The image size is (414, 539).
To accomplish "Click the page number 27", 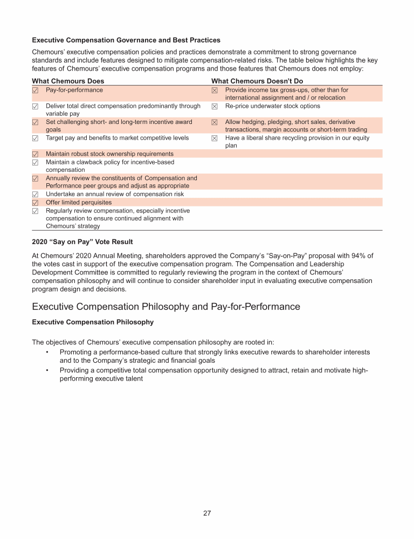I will pyautogui.click(x=207, y=513).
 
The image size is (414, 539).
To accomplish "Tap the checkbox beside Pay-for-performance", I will pyautogui.click(x=36, y=90).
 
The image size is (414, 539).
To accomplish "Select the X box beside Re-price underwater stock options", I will pyautogui.click(x=215, y=107).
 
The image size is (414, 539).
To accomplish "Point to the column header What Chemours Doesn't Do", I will pyautogui.click(x=257, y=81).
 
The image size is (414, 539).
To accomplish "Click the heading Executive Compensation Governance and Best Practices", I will pyautogui.click(x=126, y=40).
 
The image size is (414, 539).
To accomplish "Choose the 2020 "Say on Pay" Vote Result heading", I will pyautogui.click(x=82, y=242).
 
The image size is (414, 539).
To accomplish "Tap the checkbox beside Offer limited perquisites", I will pyautogui.click(x=36, y=203).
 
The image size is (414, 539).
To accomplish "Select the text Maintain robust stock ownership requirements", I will pyautogui.click(x=109, y=154).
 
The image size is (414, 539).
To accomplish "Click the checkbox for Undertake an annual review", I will pyautogui.click(x=36, y=195).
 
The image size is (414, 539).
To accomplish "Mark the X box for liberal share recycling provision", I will pyautogui.click(x=215, y=139).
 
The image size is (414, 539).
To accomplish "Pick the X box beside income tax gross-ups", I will pyautogui.click(x=215, y=91).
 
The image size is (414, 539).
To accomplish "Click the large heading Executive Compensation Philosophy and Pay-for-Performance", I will pyautogui.click(x=166, y=307).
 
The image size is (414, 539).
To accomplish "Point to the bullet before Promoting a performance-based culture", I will pyautogui.click(x=47, y=352).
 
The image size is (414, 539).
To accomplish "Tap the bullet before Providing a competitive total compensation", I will pyautogui.click(x=47, y=370).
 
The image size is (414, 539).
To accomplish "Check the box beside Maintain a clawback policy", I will pyautogui.click(x=36, y=162).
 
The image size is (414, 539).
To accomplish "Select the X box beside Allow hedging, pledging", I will pyautogui.click(x=215, y=123).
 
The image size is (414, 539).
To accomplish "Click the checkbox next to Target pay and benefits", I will pyautogui.click(x=36, y=139).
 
